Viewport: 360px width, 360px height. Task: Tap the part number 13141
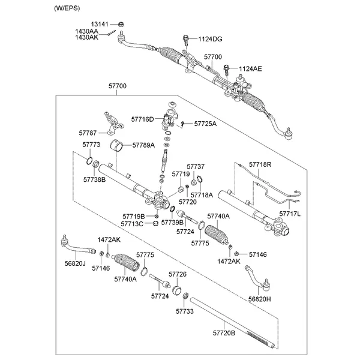108,24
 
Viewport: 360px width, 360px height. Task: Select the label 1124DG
210,39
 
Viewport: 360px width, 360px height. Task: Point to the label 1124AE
251,69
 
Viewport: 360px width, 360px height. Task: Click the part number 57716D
143,119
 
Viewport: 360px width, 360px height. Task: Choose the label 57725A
205,124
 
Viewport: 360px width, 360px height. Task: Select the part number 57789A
143,145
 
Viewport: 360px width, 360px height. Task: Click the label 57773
91,145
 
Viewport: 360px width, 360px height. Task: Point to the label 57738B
94,179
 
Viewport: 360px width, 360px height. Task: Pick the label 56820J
75,263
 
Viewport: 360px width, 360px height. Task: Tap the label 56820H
260,299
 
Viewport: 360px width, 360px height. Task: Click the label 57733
185,311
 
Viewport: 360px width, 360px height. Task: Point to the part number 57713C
131,224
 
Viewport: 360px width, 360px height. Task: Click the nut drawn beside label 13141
121,24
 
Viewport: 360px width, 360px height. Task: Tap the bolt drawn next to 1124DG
187,40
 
